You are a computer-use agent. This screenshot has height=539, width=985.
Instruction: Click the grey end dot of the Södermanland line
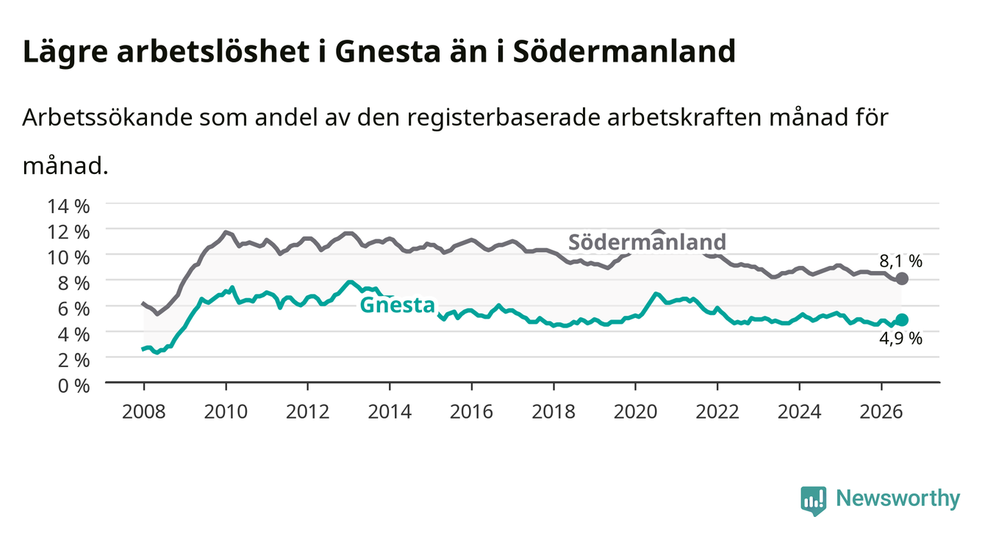click(901, 278)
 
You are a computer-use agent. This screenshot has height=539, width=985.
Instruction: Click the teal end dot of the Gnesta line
click(901, 319)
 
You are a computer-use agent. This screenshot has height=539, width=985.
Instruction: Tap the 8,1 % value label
click(900, 261)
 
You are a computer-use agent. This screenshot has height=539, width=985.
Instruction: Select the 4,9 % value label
click(900, 339)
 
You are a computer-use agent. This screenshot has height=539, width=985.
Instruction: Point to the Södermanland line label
click(647, 242)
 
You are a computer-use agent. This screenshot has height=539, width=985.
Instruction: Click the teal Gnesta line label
click(398, 305)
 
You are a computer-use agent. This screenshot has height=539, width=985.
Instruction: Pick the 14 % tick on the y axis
click(68, 206)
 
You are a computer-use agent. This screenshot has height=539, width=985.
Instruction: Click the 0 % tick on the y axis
click(74, 386)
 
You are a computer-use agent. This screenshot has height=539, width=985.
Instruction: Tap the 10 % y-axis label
click(68, 258)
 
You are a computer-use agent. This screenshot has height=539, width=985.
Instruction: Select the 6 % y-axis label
click(74, 309)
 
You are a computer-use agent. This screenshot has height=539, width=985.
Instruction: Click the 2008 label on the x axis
click(144, 412)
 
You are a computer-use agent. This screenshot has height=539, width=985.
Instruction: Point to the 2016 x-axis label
click(471, 412)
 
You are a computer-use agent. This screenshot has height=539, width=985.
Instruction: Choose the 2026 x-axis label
click(881, 412)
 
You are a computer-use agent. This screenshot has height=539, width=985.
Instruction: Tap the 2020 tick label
click(635, 412)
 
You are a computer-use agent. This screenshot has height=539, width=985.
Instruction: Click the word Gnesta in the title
click(387, 51)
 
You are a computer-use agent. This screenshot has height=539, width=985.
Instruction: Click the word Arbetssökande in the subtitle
click(107, 117)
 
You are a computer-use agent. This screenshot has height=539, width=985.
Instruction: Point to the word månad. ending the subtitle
click(65, 166)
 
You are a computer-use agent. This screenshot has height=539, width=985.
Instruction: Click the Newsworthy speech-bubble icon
click(814, 501)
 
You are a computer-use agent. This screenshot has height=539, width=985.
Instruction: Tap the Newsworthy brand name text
click(898, 499)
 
